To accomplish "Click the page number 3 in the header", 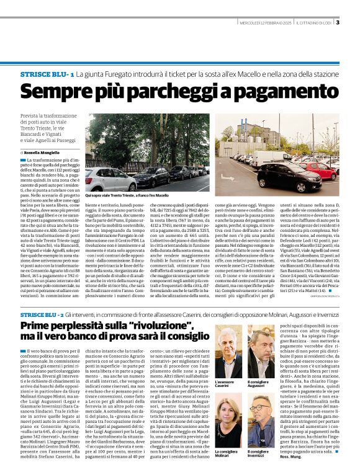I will (x=337, y=24).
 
